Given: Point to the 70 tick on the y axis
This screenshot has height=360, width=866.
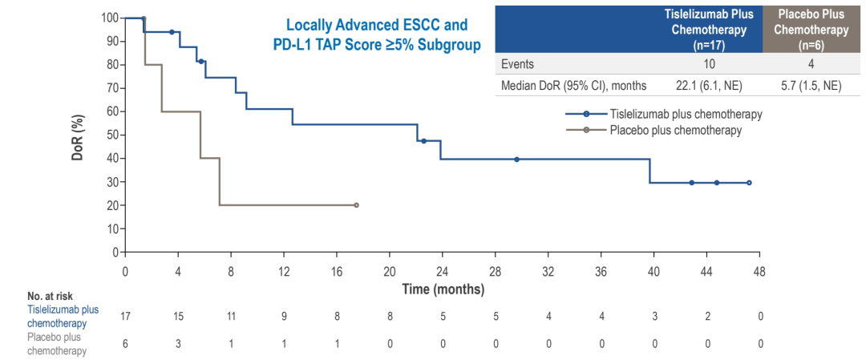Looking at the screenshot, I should click(x=111, y=87).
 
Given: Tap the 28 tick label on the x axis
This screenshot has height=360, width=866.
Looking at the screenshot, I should click(x=496, y=271).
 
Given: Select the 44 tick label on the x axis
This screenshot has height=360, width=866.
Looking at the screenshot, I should click(x=707, y=271).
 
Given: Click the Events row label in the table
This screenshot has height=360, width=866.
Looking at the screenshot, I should click(x=518, y=65).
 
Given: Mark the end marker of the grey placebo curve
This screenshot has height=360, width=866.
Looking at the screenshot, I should click(x=357, y=205).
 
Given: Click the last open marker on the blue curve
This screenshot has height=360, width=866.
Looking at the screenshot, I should click(x=749, y=183).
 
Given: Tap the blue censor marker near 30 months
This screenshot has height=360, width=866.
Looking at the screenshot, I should click(x=516, y=160).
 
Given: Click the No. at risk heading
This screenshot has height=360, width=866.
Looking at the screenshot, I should click(x=50, y=297).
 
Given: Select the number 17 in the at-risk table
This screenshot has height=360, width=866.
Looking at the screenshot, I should click(x=125, y=316).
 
